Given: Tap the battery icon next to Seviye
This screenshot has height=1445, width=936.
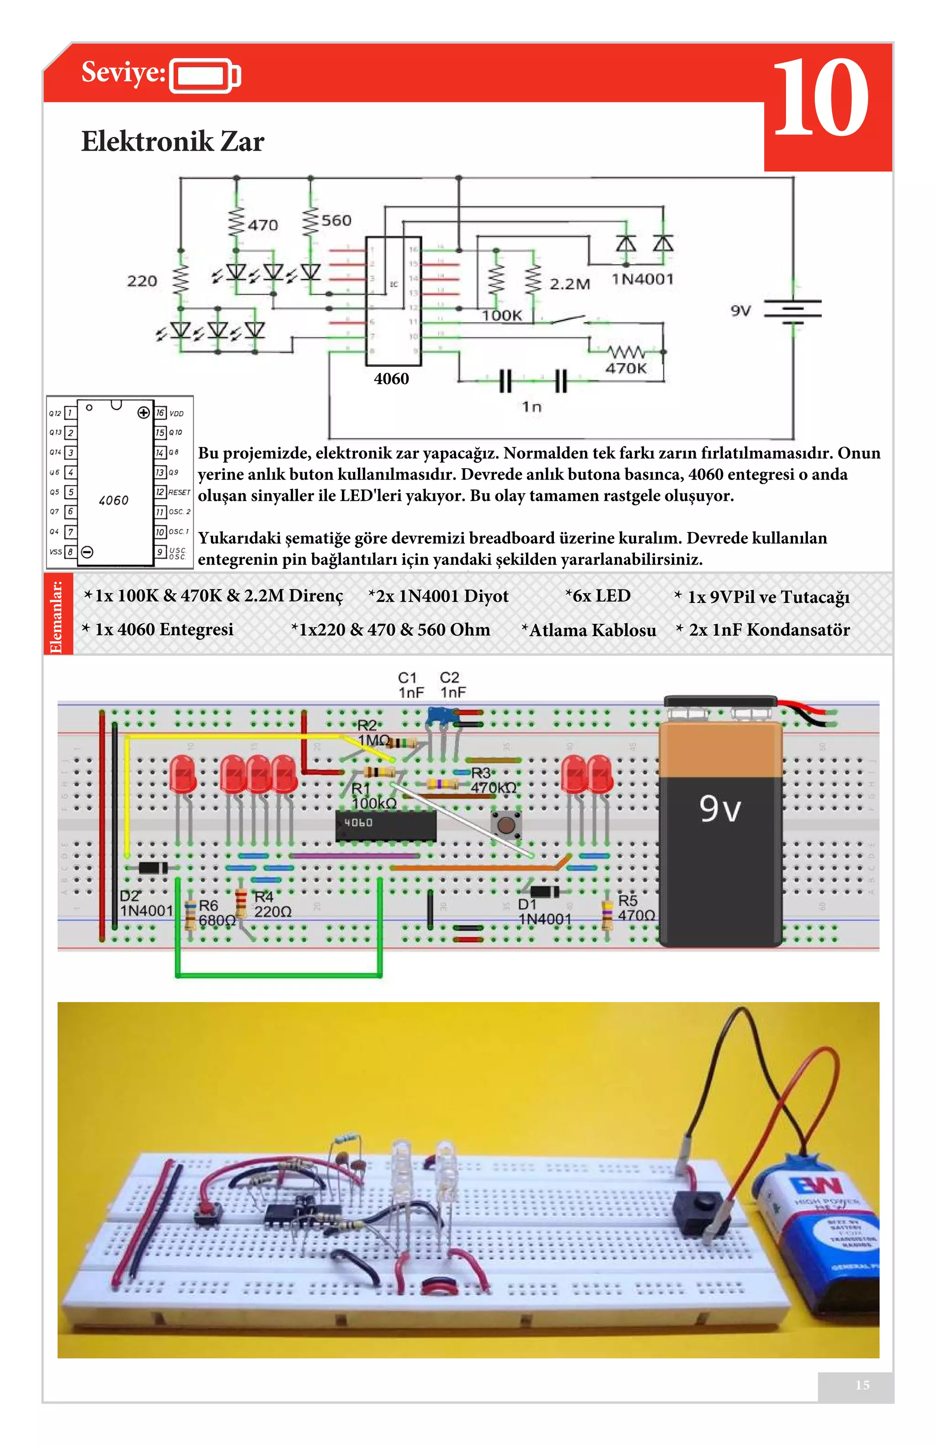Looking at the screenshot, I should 205,76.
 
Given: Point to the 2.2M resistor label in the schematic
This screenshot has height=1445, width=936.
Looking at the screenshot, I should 569,284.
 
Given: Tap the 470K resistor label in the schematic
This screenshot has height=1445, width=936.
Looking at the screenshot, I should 626,368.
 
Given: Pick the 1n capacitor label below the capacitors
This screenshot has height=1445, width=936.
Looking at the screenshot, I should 532,407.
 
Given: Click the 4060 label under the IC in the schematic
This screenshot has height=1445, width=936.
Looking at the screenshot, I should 391,379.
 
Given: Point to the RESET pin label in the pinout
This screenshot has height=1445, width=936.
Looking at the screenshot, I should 179,492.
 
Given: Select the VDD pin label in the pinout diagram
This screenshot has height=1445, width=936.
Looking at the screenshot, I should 176,413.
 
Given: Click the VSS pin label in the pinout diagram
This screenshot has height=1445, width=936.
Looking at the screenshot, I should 55,552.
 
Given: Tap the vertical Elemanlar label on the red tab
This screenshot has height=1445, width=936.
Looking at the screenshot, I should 57,615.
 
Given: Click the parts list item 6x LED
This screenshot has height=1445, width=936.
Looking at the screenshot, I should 598,596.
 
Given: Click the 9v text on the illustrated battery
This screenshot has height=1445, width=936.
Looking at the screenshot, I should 720,809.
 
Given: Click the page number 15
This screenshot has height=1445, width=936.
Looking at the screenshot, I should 862,1385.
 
